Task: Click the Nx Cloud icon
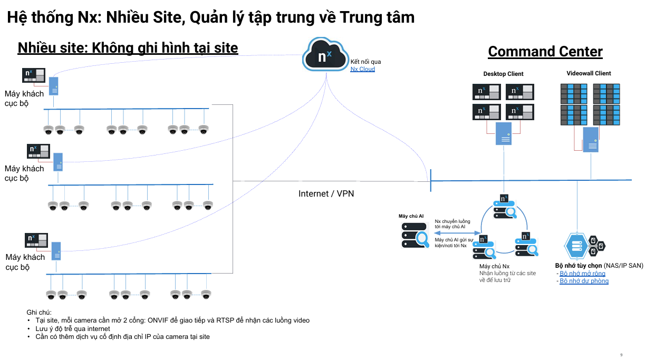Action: pyautogui.click(x=325, y=55)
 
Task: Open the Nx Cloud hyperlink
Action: pyautogui.click(x=363, y=69)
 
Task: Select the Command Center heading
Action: pyautogui.click(x=545, y=52)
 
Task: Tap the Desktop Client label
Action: pyautogui.click(x=503, y=74)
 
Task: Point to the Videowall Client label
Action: pyautogui.click(x=589, y=73)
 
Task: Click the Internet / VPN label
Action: pyautogui.click(x=326, y=193)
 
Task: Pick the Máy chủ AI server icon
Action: pyautogui.click(x=414, y=235)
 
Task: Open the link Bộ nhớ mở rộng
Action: pyautogui.click(x=582, y=274)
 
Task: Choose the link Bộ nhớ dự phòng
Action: pyautogui.click(x=584, y=281)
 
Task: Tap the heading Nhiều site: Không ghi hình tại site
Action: pyautogui.click(x=128, y=48)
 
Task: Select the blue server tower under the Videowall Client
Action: pyautogui.click(x=590, y=140)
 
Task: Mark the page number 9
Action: pyautogui.click(x=621, y=354)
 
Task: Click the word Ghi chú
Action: pyautogui.click(x=38, y=312)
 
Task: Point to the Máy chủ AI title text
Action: pyautogui.click(x=411, y=216)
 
